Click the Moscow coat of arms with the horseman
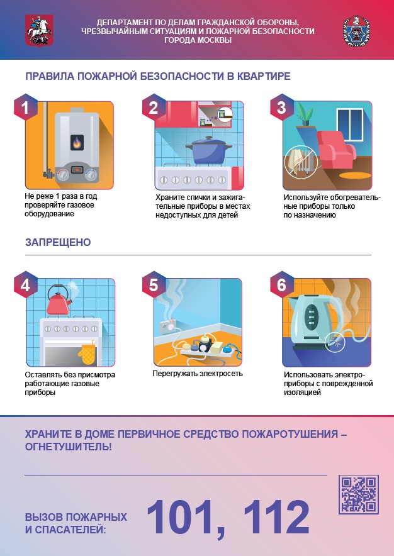[39, 30]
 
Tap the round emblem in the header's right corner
[356, 31]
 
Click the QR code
[359, 494]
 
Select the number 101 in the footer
[185, 518]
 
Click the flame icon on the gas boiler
[77, 143]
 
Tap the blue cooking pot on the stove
[208, 150]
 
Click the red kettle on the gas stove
[59, 301]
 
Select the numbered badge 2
[154, 108]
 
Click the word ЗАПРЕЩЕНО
[58, 242]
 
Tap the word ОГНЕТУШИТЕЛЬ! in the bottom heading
[68, 447]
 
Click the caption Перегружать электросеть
[198, 374]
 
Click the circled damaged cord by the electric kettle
[335, 341]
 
